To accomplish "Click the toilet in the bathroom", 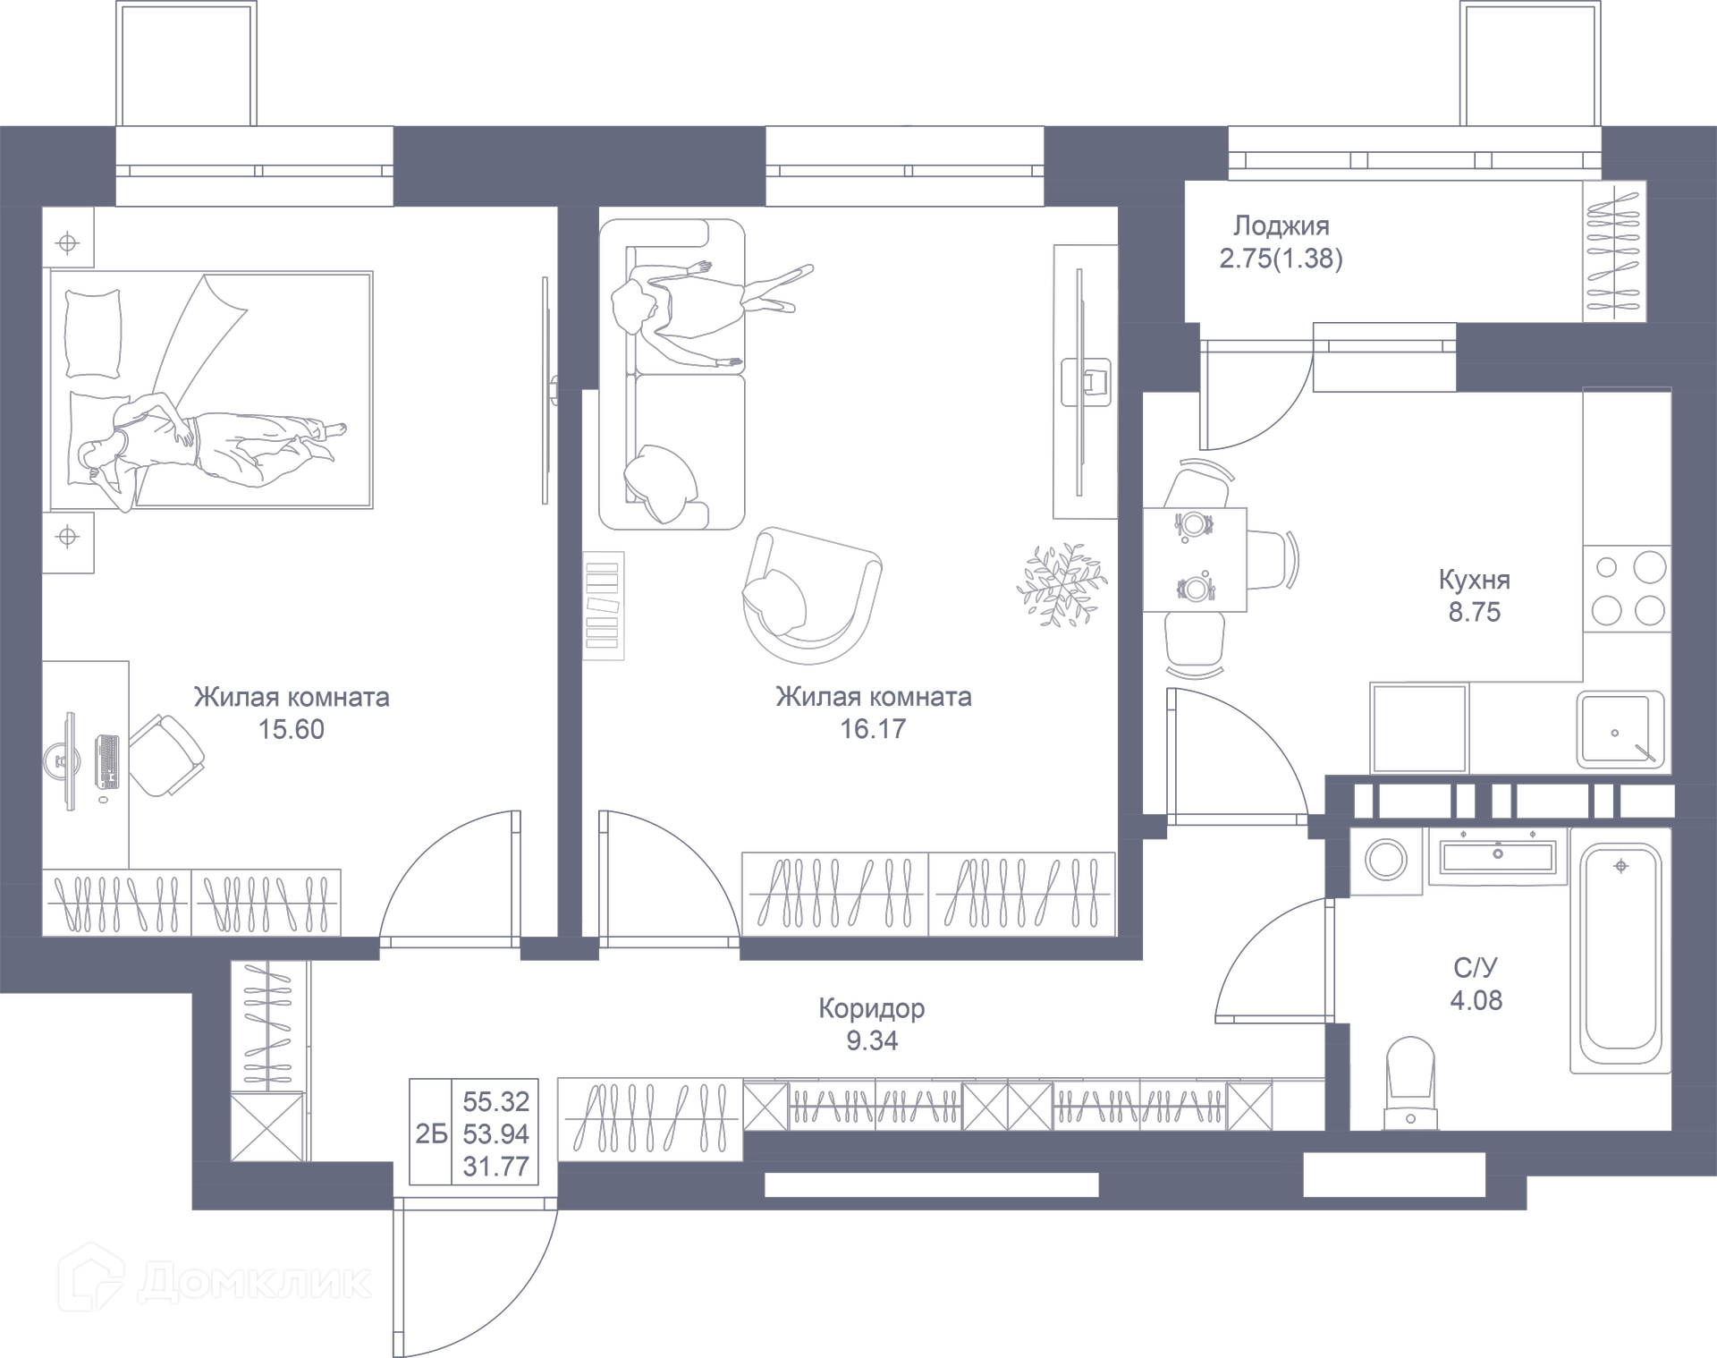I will click(1409, 1082).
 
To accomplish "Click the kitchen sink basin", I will click(1620, 730).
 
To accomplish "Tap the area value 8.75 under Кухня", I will click(1475, 612).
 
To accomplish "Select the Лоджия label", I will click(1281, 225).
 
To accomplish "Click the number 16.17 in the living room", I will click(873, 729).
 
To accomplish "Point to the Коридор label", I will click(872, 1008).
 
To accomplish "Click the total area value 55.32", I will click(496, 1101).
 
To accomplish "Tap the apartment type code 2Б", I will click(431, 1133).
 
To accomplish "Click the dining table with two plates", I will click(1195, 560).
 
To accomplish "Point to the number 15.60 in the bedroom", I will click(292, 729).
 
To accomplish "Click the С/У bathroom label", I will click(1475, 967).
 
